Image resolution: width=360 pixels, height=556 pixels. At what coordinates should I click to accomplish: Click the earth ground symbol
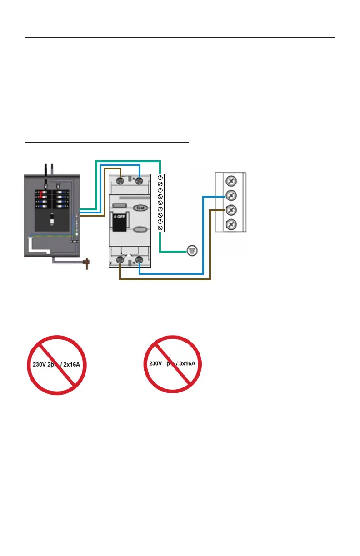(192, 250)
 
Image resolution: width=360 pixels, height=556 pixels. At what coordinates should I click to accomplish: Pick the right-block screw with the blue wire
(230, 196)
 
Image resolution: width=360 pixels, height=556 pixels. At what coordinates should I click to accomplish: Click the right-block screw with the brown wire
(230, 210)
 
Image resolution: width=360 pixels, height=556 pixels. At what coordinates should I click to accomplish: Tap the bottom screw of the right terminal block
(230, 224)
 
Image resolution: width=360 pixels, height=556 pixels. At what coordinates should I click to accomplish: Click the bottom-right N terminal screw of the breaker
(139, 259)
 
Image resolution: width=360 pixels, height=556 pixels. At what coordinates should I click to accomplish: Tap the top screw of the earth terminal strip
(160, 178)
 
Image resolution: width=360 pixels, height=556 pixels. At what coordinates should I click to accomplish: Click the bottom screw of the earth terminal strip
(160, 227)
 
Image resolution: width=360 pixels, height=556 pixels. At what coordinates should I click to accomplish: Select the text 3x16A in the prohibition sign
(188, 363)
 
